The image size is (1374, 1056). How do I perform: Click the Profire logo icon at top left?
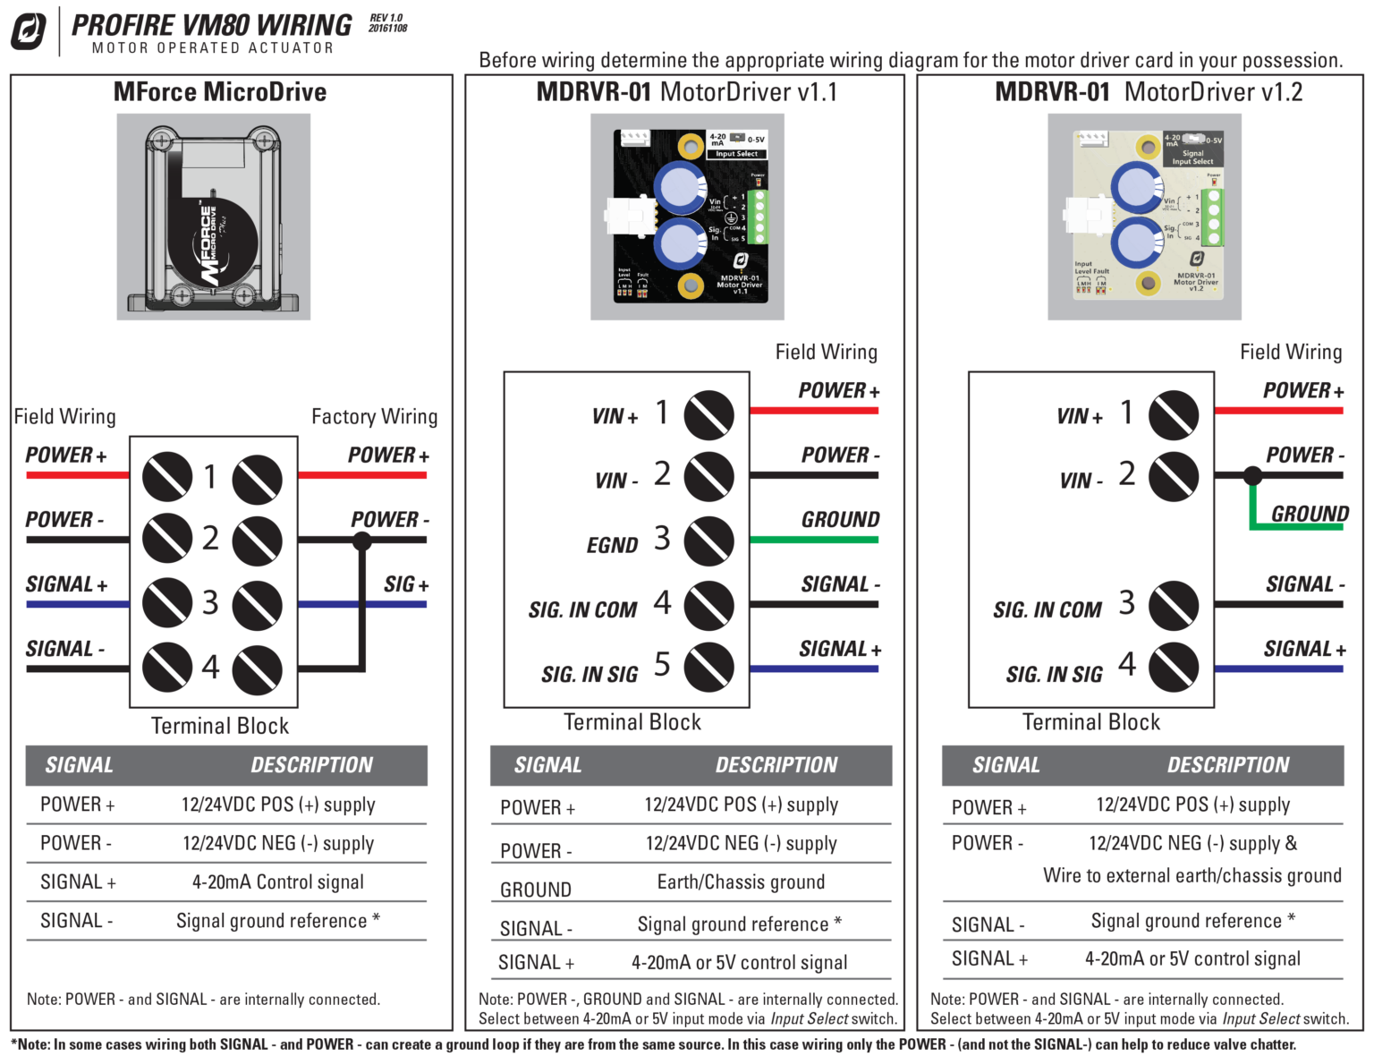(x=28, y=31)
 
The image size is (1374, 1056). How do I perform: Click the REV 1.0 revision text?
(x=386, y=18)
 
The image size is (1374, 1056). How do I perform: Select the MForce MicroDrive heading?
(x=220, y=92)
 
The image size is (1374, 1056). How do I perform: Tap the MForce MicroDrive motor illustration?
(x=213, y=217)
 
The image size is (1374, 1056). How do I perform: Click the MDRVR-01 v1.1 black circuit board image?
(x=687, y=217)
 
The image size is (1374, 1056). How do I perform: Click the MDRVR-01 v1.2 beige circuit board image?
(x=1144, y=217)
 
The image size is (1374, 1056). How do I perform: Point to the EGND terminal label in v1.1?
(x=612, y=545)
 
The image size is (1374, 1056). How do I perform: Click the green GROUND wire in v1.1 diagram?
(x=813, y=540)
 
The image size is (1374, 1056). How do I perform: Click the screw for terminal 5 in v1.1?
(x=708, y=668)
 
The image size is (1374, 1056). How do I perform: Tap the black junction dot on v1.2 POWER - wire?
(x=1253, y=476)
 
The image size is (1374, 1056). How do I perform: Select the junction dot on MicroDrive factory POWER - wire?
(x=362, y=541)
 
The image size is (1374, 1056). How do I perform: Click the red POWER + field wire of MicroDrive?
(x=78, y=475)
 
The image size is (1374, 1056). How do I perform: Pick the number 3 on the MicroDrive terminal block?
(x=210, y=602)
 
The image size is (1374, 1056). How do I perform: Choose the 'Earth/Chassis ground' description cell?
(x=741, y=882)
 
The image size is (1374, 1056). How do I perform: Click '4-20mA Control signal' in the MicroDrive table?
(x=277, y=882)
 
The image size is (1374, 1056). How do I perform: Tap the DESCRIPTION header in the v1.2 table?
(x=1227, y=765)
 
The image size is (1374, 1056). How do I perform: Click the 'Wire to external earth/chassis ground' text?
(x=1192, y=875)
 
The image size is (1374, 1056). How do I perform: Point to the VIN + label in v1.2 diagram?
(x=1079, y=416)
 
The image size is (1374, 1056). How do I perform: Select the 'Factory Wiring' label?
(x=374, y=417)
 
